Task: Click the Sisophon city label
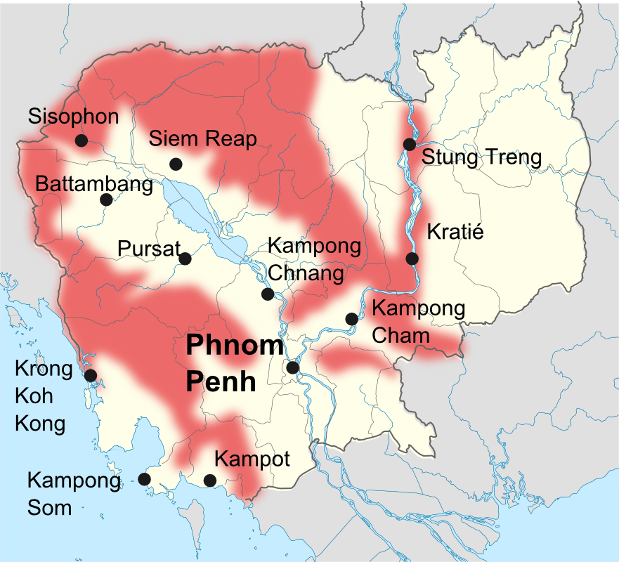[74, 117]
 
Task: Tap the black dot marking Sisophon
[81, 140]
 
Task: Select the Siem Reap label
[203, 138]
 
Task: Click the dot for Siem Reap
[176, 164]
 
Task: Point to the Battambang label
[93, 185]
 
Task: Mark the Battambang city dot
[106, 200]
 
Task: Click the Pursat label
[149, 249]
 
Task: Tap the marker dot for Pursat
[185, 259]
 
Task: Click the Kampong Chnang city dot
[267, 294]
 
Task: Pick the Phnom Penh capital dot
[293, 367]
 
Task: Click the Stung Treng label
[481, 157]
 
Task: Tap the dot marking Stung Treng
[409, 145]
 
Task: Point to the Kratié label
[455, 232]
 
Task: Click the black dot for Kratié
[412, 259]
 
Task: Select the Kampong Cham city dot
[351, 319]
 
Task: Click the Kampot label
[252, 459]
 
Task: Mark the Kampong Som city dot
[144, 479]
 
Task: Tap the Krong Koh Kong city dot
[90, 375]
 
